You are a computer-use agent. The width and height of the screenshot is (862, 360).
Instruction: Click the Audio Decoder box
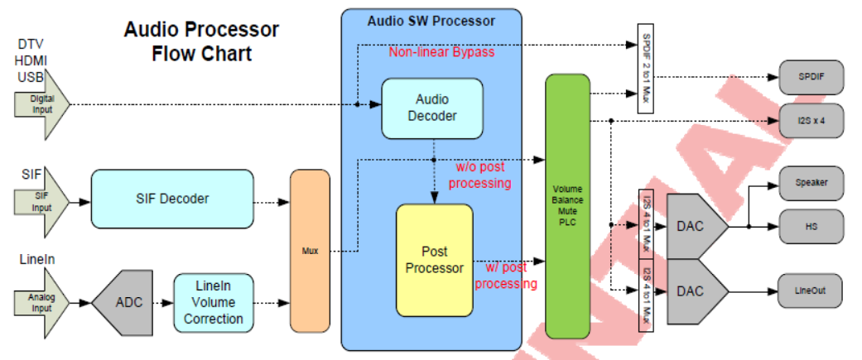[x=431, y=108]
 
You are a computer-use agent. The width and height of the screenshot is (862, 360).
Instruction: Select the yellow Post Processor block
[x=434, y=260]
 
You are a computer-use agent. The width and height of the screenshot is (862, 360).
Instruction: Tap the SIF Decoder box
[x=171, y=199]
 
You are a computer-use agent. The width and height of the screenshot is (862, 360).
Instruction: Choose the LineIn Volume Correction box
[x=214, y=302]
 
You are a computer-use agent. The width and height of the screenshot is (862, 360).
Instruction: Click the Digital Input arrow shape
[x=41, y=104]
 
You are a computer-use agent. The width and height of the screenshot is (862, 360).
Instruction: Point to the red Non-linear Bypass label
[x=441, y=52]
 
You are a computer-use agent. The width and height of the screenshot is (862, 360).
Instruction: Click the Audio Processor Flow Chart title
[x=201, y=41]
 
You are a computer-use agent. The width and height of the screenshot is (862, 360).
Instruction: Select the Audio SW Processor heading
[x=431, y=20]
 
